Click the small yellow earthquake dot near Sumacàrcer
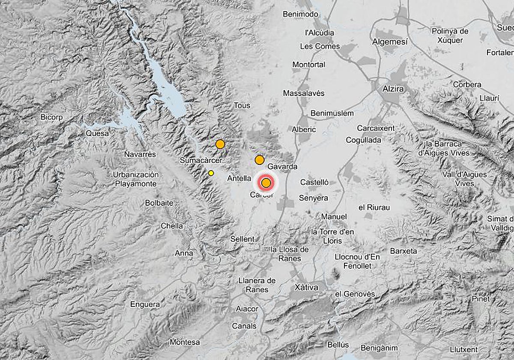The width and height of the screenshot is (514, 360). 211,173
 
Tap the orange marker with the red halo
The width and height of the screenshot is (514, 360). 266,183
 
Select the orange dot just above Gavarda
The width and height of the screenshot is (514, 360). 259,160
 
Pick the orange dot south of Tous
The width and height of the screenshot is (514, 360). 220,144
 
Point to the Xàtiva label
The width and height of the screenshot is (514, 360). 306,287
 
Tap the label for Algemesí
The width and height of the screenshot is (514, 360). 390,42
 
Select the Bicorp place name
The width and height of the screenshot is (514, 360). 52,117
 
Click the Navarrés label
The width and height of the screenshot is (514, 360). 140,154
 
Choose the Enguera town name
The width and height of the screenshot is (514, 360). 145,305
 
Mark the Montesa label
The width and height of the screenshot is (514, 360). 185,342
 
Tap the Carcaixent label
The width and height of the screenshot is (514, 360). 376,128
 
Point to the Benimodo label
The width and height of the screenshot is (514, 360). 300,14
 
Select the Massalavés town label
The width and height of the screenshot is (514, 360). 304,93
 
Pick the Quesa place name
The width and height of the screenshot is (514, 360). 97,133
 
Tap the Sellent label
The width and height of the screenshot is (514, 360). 242,239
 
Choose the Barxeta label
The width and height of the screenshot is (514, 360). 403,251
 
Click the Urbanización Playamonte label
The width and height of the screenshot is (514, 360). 136,179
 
